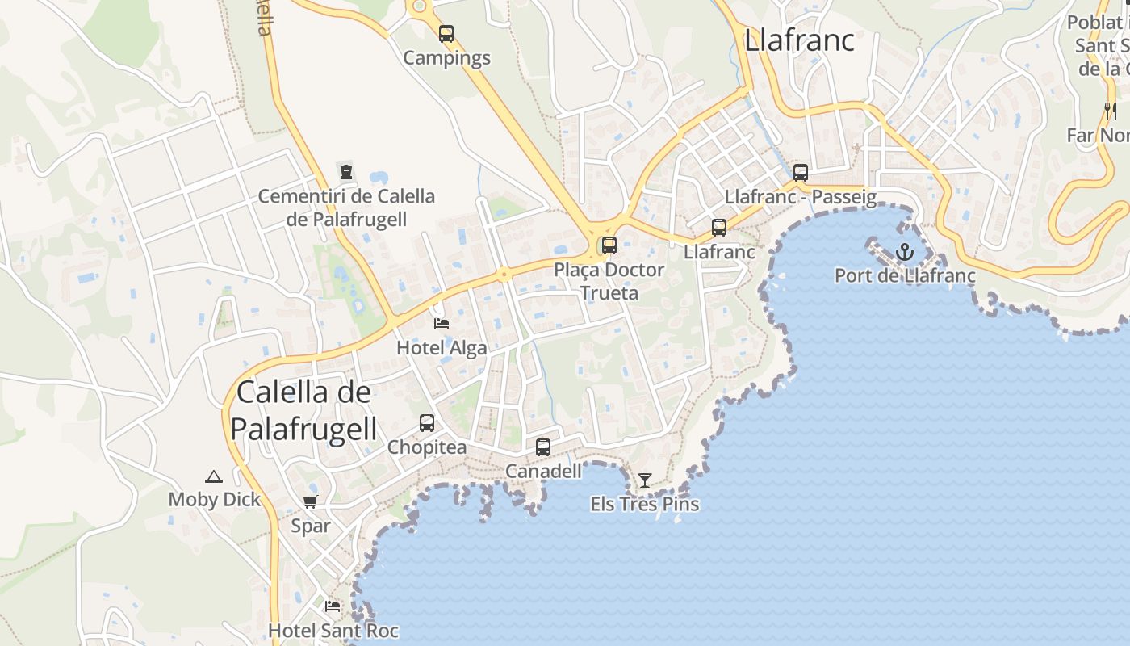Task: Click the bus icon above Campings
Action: tap(446, 34)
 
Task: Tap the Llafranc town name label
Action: tap(799, 40)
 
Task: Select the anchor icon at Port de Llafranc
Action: tap(905, 252)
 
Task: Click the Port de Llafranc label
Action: tap(905, 275)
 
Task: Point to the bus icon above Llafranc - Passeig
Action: tap(801, 172)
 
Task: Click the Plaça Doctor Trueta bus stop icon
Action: tap(609, 245)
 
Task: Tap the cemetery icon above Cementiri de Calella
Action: tap(346, 171)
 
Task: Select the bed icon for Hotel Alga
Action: tap(442, 324)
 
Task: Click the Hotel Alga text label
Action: tap(442, 348)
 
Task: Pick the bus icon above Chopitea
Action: tap(427, 422)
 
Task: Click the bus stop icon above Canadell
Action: tap(543, 447)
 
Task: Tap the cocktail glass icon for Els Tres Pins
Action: tap(644, 480)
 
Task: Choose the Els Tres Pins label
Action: tap(644, 505)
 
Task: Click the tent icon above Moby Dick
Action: tap(213, 476)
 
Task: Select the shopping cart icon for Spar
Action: tap(311, 501)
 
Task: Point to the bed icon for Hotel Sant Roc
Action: tap(333, 606)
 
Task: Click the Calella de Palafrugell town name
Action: tap(305, 410)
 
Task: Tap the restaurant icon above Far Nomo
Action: tap(1111, 111)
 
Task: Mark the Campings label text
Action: tap(446, 58)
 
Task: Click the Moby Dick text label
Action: tap(214, 500)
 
